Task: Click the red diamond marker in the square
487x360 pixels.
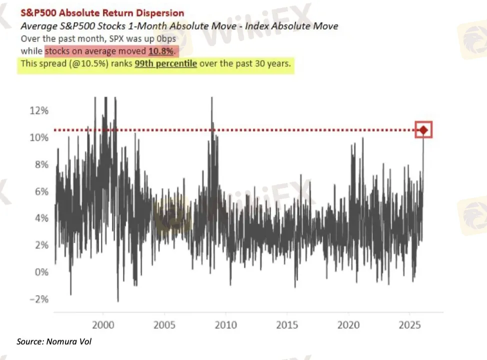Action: (x=423, y=130)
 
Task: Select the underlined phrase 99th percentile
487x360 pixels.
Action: (x=166, y=64)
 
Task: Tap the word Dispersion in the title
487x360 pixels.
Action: (x=159, y=13)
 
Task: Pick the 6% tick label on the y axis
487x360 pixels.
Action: (x=39, y=191)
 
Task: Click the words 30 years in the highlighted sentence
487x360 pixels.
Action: (x=272, y=64)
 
